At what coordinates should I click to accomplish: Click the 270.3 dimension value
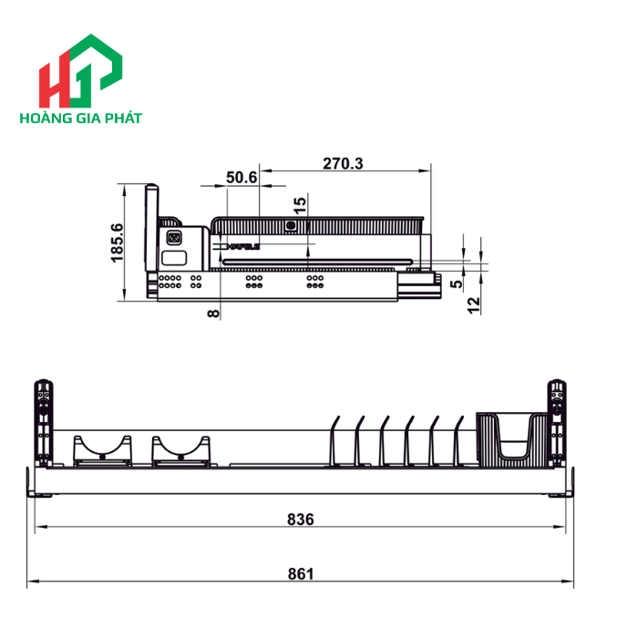point(343,164)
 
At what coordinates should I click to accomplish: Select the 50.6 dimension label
point(242,178)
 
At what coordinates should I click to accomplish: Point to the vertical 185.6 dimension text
point(117,242)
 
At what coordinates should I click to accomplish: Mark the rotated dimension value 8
point(212,313)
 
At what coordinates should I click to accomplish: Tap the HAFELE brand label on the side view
point(240,246)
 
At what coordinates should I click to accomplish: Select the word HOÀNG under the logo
point(46,119)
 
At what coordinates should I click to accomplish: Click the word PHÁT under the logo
point(124,119)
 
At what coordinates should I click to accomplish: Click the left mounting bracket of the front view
point(42,418)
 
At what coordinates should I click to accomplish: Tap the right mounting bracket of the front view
point(556,418)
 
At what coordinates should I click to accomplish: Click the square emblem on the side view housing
point(174,239)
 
